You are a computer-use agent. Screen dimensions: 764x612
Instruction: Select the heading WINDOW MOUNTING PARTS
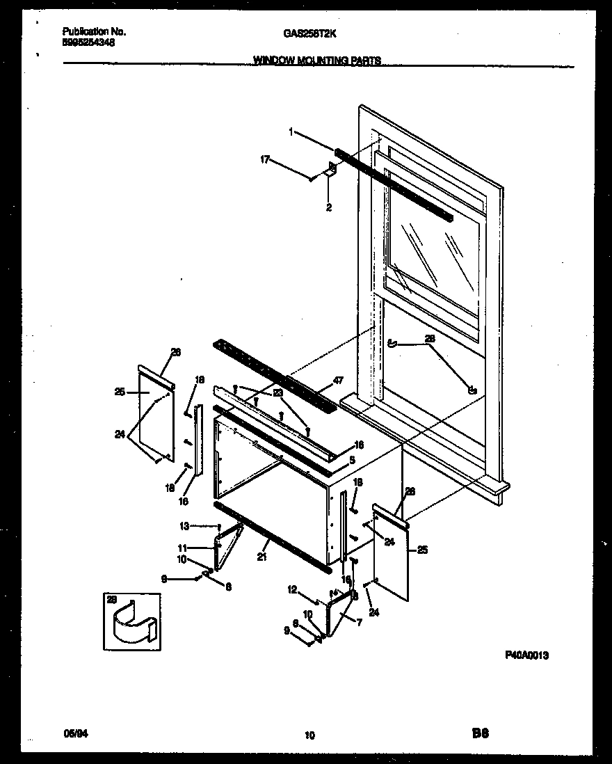316,61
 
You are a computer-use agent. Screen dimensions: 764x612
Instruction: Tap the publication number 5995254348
89,42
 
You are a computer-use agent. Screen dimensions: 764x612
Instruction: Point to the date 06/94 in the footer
72,733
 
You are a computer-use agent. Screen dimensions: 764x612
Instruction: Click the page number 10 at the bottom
309,735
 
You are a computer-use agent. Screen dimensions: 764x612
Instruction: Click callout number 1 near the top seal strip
291,132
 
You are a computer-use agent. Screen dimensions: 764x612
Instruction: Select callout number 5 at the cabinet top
353,460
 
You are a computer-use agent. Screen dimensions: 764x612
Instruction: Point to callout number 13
184,526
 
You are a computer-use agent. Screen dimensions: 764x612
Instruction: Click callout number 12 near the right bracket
292,590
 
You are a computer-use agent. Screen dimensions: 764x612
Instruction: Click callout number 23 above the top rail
277,392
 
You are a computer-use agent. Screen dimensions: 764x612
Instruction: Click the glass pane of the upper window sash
431,250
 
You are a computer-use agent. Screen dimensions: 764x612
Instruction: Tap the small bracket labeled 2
332,169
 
